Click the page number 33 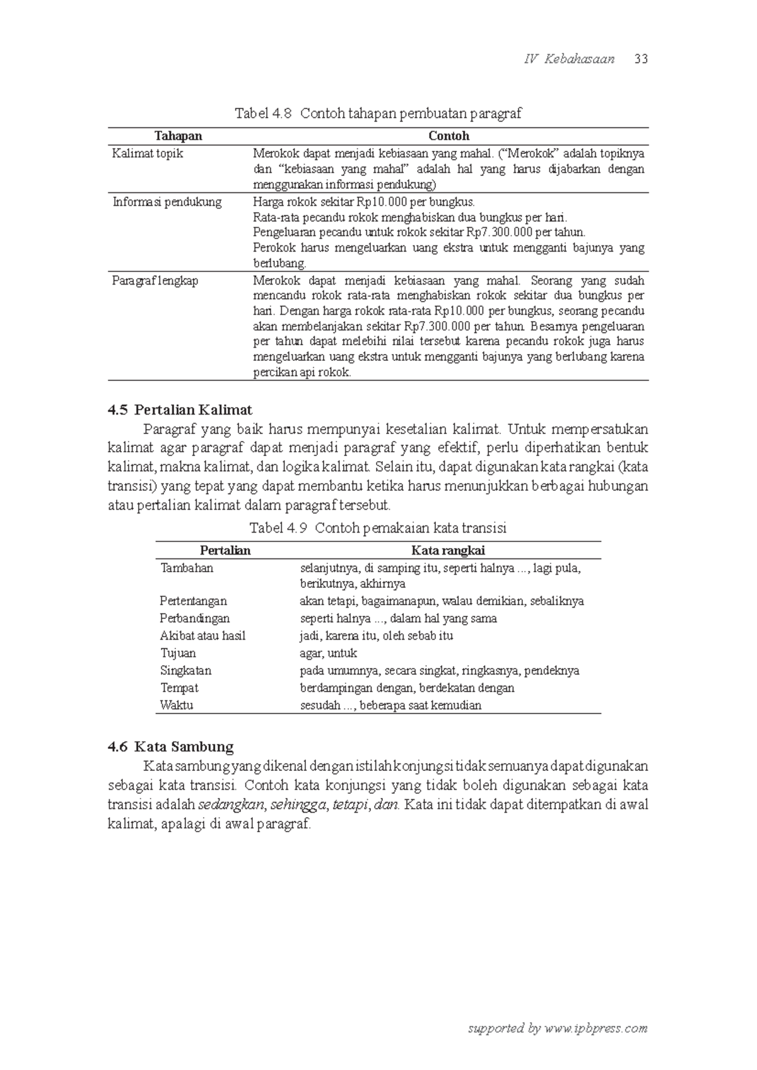(x=642, y=59)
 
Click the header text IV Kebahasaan (x=569, y=59)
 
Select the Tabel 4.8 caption (x=378, y=114)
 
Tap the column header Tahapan (x=179, y=136)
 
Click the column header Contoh (x=449, y=136)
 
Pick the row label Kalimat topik (x=148, y=153)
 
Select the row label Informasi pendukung (x=167, y=203)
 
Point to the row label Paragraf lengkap (x=155, y=281)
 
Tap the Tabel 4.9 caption (x=378, y=528)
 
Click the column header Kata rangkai (x=448, y=551)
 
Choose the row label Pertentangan (x=193, y=601)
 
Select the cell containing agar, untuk (x=328, y=653)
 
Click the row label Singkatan (x=185, y=671)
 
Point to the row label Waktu (x=177, y=705)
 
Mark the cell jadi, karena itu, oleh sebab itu (x=376, y=636)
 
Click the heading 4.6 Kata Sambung (x=170, y=747)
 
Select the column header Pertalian (x=225, y=551)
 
